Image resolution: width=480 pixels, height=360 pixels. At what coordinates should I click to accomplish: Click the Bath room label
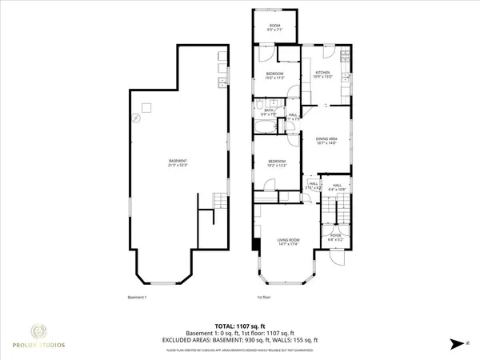click(270, 112)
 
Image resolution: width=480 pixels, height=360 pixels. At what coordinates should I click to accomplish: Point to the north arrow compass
click(457, 342)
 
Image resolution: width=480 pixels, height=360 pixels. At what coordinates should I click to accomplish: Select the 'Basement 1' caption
click(138, 298)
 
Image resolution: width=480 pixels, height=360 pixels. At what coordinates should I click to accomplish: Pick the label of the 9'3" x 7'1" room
click(275, 27)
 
